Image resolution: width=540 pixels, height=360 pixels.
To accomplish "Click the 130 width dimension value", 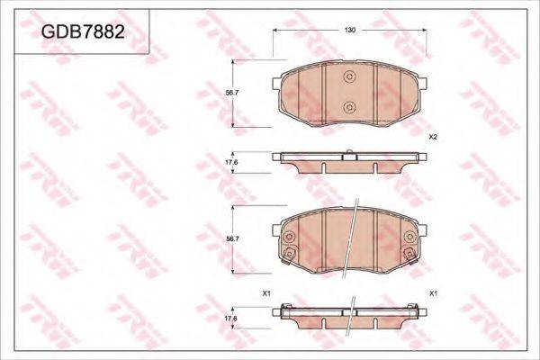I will [351, 31].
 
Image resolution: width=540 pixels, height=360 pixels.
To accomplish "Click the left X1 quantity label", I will [266, 294].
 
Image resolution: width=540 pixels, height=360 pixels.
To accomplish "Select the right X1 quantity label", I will [433, 294].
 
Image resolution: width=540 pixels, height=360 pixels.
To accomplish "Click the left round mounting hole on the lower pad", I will [290, 239].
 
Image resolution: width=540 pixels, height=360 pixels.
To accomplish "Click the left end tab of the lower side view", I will [278, 311].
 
